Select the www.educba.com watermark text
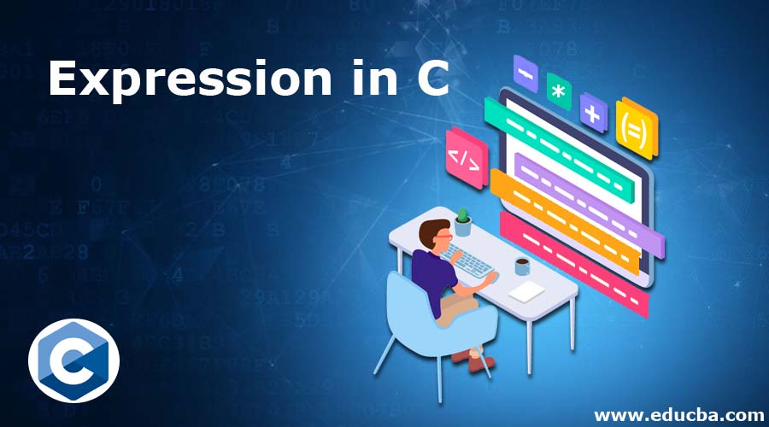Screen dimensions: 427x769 click(x=679, y=414)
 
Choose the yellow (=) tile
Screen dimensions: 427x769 click(x=637, y=128)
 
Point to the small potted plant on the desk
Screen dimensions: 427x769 click(x=462, y=221)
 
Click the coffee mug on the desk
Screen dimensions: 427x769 click(x=521, y=266)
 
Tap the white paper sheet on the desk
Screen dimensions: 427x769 click(x=526, y=291)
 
